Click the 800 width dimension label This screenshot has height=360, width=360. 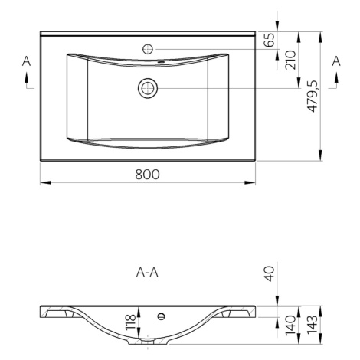pos(147,175)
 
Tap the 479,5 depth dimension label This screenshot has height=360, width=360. pos(313,97)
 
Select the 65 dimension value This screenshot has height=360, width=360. pos(270,40)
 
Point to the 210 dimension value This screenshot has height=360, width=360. pos(290,60)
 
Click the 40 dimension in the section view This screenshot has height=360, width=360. pos(270,273)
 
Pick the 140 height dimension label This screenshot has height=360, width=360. pos(290,326)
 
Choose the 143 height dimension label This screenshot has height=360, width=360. pos(313,326)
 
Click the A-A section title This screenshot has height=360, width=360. pos(147,273)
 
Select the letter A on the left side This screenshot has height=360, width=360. pos(26,61)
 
